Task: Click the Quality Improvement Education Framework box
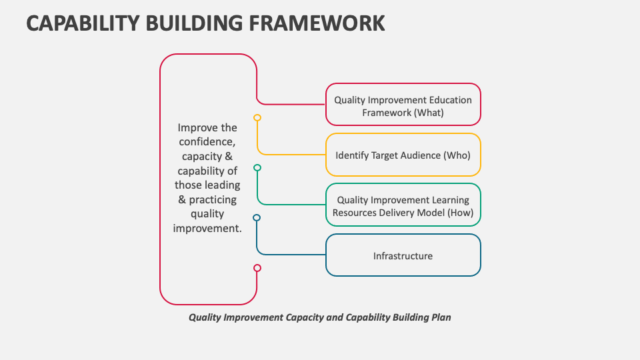pos(403,105)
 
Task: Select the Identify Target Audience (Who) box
pos(403,155)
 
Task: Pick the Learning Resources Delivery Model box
pos(403,205)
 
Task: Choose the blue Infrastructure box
pos(403,255)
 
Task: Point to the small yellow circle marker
pos(257,117)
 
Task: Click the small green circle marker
pos(257,167)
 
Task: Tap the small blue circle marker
pos(257,217)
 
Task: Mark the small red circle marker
pos(257,268)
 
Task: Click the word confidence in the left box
pos(207,142)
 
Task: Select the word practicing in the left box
pos(213,199)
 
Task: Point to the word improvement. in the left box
pos(207,228)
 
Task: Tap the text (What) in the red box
pos(429,113)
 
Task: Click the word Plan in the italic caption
pos(441,317)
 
